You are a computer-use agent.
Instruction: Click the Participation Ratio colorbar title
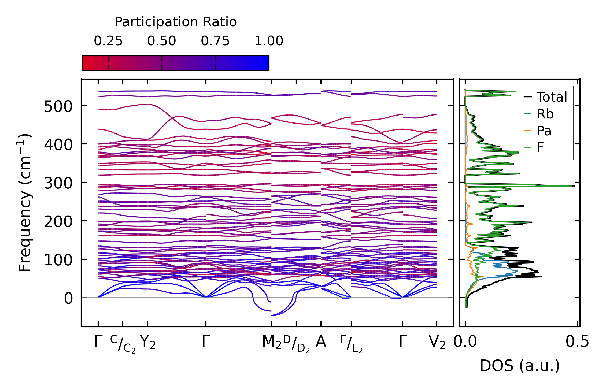pos(176,22)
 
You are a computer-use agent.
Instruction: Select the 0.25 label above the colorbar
pos(108,41)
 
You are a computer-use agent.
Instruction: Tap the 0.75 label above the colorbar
pos(215,41)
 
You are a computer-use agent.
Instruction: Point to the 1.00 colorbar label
pos(269,41)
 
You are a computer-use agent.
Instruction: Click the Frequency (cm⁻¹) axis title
pos(25,203)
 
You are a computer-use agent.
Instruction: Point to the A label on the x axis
pos(321,342)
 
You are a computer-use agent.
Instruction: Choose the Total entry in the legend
pos(552,97)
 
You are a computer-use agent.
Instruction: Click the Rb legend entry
pos(545,114)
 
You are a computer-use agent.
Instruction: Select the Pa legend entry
pos(544,131)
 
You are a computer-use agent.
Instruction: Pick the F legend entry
pos(540,148)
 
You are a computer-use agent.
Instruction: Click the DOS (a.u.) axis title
pos(520,366)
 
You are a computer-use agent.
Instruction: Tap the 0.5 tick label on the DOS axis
pos(577,342)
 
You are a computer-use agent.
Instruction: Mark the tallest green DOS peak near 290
pos(573,186)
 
